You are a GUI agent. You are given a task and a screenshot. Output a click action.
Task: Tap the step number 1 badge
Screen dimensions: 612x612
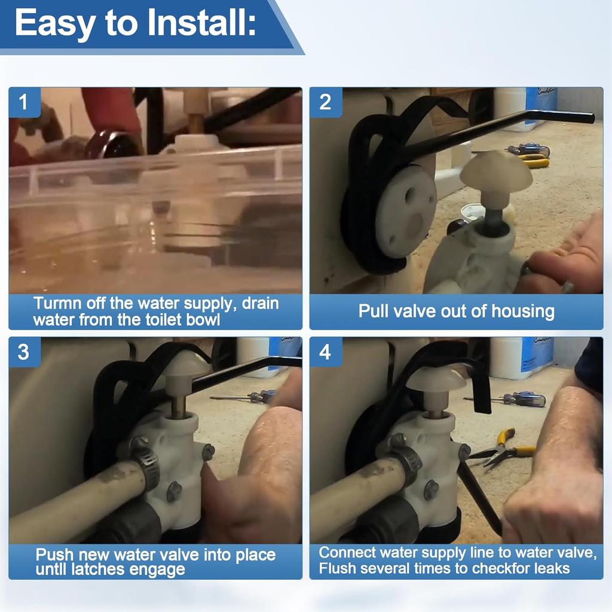pyautogui.click(x=24, y=102)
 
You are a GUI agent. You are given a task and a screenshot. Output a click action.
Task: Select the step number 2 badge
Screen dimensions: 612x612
pyautogui.click(x=325, y=102)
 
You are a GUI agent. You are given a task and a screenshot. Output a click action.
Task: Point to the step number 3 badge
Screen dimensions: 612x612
pyautogui.click(x=24, y=352)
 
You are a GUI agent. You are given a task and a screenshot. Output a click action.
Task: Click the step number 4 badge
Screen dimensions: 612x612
pyautogui.click(x=325, y=352)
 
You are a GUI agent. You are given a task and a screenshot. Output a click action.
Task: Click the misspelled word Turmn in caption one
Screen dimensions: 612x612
pyautogui.click(x=57, y=303)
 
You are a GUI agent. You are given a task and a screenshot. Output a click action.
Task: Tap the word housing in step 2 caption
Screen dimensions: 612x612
pyautogui.click(x=522, y=311)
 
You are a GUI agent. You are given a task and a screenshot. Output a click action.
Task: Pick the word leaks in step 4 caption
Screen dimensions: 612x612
pyautogui.click(x=552, y=568)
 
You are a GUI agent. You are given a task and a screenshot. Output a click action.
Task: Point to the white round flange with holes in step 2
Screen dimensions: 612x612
pyautogui.click(x=407, y=211)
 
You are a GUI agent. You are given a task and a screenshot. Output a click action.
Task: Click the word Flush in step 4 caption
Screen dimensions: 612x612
pyautogui.click(x=337, y=568)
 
